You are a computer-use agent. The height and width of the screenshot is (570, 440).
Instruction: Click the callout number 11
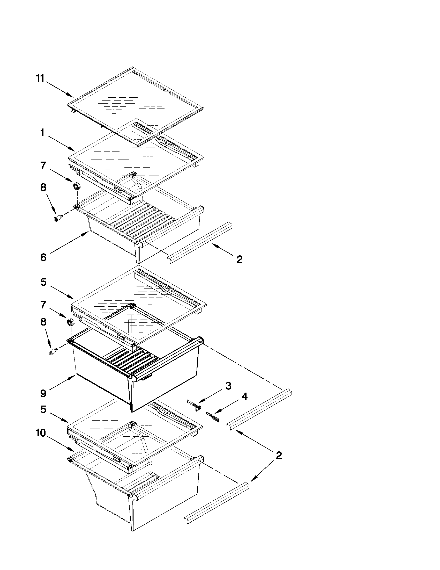click(40, 78)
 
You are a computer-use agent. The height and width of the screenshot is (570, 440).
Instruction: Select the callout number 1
click(42, 133)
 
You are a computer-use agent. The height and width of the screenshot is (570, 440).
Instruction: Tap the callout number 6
click(43, 258)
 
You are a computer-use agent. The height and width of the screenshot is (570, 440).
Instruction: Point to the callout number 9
click(43, 394)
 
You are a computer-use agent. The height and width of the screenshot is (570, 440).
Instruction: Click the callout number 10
click(41, 433)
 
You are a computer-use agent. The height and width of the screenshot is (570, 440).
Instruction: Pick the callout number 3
click(228, 386)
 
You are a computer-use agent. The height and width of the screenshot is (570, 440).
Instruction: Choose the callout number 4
click(244, 396)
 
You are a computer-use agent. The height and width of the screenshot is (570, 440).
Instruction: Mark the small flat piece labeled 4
click(213, 416)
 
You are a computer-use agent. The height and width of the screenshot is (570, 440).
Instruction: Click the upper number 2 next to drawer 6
click(239, 259)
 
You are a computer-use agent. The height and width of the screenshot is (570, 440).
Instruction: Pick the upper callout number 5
click(43, 282)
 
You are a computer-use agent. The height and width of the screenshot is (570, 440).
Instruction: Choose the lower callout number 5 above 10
click(43, 409)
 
